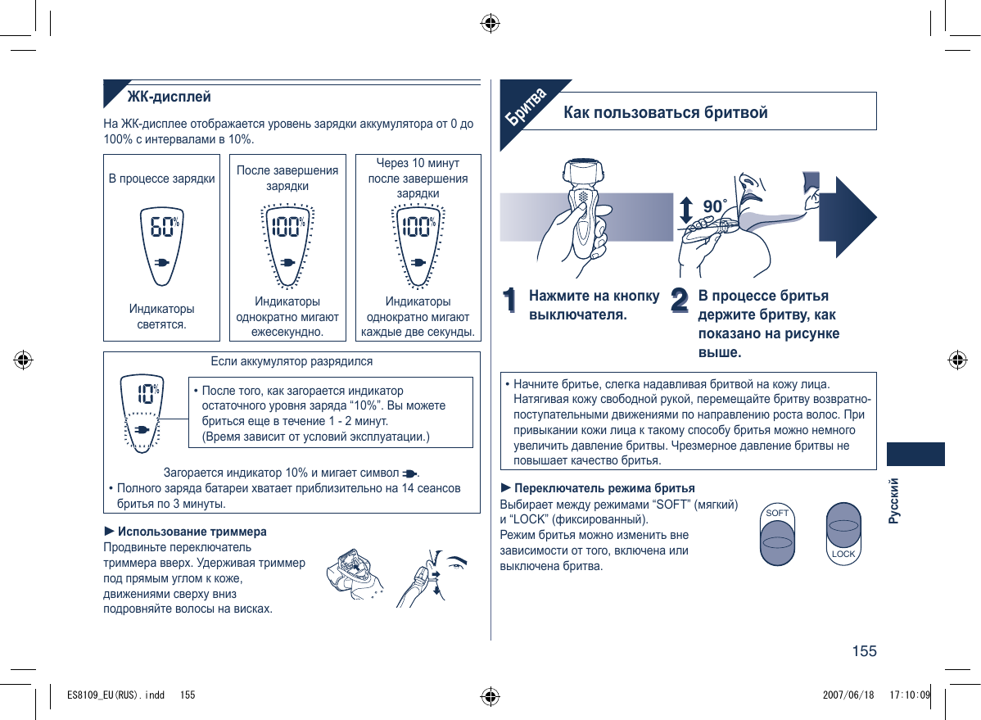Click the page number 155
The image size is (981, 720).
(864, 651)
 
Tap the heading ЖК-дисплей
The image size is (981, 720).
(169, 97)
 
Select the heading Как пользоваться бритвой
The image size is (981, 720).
(666, 112)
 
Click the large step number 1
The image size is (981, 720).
(512, 300)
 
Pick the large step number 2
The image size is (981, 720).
(680, 300)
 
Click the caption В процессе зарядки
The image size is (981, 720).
(162, 178)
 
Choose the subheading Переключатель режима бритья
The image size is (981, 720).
(604, 488)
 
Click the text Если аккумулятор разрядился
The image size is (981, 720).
(292, 361)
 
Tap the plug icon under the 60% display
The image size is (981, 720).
(162, 264)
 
